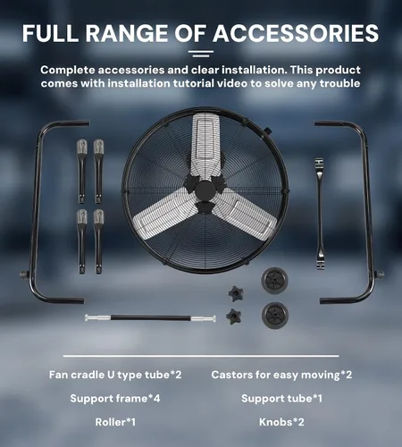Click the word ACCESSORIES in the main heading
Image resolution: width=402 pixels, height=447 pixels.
click(296, 33)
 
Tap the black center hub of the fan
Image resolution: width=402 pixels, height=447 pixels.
click(205, 190)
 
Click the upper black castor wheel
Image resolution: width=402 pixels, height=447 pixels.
click(274, 280)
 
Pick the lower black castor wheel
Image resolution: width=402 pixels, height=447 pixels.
click(275, 316)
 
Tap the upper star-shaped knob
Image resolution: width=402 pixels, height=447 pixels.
click(236, 293)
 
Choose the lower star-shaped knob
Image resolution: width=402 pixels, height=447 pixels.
click(234, 316)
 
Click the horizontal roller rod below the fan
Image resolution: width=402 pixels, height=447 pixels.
click(150, 318)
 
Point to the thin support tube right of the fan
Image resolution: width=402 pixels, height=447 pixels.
click(320, 214)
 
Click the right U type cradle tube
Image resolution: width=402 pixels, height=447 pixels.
click(368, 208)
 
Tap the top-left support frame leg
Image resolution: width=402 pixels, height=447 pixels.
click(81, 172)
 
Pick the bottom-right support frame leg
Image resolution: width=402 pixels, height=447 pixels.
click(98, 241)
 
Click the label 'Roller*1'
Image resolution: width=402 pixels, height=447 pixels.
click(115, 422)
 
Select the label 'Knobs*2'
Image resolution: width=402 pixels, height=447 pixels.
click(281, 422)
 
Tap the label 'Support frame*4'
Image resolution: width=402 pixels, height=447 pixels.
click(115, 399)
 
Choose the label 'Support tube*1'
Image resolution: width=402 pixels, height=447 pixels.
click(281, 399)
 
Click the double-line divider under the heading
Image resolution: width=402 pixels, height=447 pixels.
click(201, 54)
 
